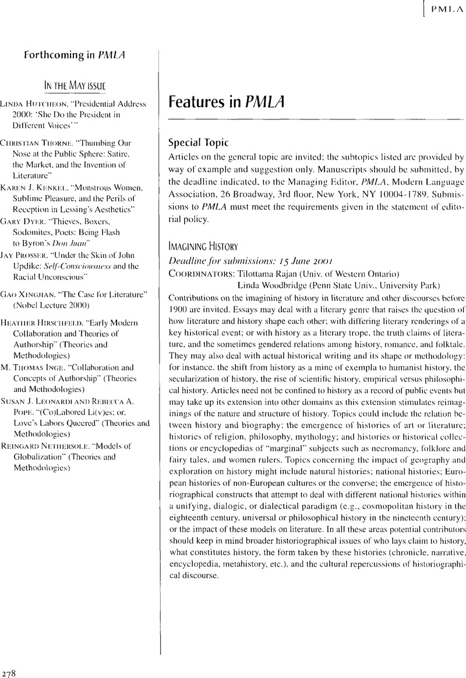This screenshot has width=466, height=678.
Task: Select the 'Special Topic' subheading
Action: pyautogui.click(x=195, y=143)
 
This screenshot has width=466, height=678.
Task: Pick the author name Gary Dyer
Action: pyautogui.click(x=23, y=221)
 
